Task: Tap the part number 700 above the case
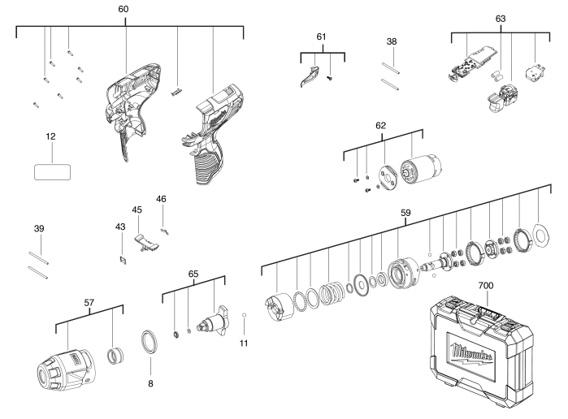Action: pyautogui.click(x=486, y=287)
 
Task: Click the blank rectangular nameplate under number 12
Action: pyautogui.click(x=51, y=171)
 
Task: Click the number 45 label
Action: pyautogui.click(x=137, y=209)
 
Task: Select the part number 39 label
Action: pyautogui.click(x=38, y=229)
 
